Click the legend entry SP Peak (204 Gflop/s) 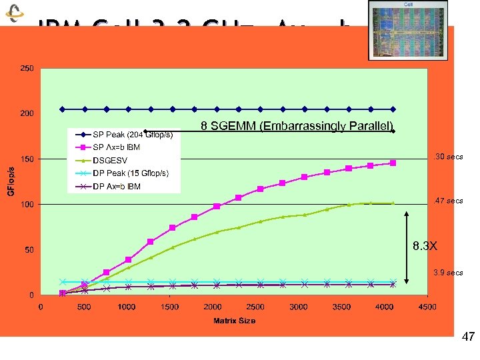click(x=133, y=135)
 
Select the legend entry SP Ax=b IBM click(x=117, y=147)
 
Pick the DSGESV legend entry click(x=110, y=161)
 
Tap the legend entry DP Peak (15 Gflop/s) click(x=131, y=173)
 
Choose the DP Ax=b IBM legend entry click(x=117, y=187)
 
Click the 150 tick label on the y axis click(x=27, y=159)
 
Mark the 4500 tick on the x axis click(x=428, y=307)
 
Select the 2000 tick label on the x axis click(x=213, y=307)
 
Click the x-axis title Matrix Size click(x=234, y=321)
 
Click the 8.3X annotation click(x=425, y=246)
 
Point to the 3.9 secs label click(x=448, y=273)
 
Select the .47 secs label click(x=448, y=201)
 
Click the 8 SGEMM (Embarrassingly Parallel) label click(x=297, y=126)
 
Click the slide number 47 click(x=468, y=337)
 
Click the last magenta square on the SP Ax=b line click(x=393, y=163)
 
